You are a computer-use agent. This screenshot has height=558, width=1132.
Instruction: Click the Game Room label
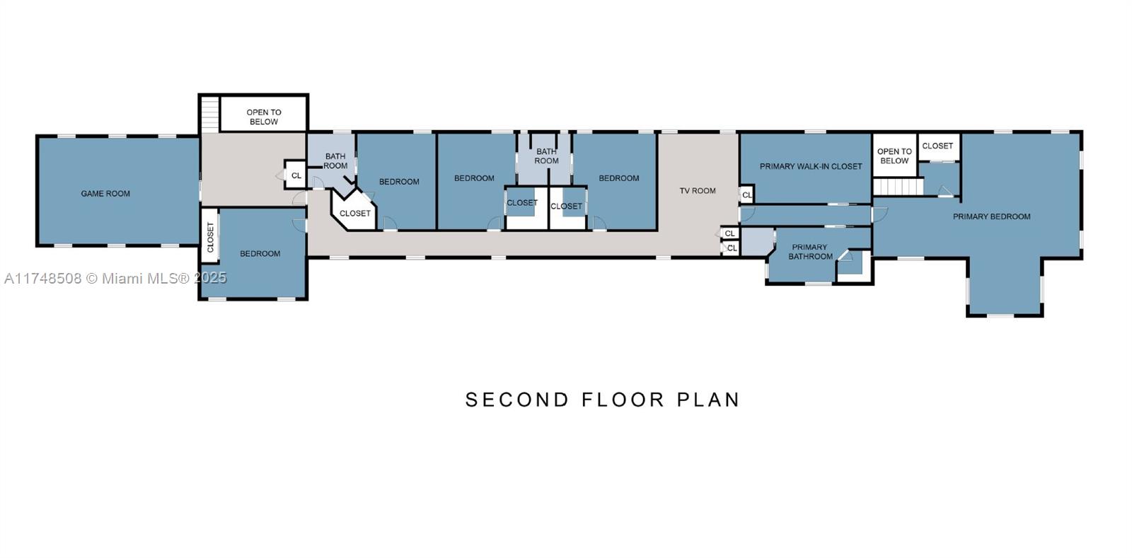tap(105, 193)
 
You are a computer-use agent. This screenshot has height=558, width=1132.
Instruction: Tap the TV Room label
tap(698, 190)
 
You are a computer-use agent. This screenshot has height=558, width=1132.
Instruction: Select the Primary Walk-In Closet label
tap(811, 166)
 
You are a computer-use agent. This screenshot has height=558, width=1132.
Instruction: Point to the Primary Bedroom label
tap(991, 216)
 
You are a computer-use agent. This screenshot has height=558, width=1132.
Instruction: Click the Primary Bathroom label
tap(810, 252)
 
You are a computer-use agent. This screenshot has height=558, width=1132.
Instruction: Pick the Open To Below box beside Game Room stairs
tap(263, 116)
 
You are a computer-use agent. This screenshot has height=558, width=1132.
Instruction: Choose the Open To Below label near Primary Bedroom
tap(894, 156)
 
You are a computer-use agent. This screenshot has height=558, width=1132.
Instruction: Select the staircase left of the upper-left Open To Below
tap(210, 113)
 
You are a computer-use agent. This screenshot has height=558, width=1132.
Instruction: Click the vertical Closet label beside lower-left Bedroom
tap(210, 237)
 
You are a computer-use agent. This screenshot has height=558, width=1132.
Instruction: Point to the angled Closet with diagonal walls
tap(354, 213)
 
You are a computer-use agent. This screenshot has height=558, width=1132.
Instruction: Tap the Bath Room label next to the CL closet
tap(335, 161)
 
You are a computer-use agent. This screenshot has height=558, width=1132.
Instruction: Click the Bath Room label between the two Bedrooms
tap(546, 156)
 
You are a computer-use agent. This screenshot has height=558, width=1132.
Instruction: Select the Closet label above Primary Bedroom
tap(937, 146)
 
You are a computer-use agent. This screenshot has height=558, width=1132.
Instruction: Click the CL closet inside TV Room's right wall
tap(746, 194)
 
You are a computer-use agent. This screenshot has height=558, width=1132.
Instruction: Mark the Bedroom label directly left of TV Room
tap(618, 178)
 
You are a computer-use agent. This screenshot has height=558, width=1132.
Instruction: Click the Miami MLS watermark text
tap(115, 278)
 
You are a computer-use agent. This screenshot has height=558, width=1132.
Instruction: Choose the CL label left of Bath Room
tap(296, 175)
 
